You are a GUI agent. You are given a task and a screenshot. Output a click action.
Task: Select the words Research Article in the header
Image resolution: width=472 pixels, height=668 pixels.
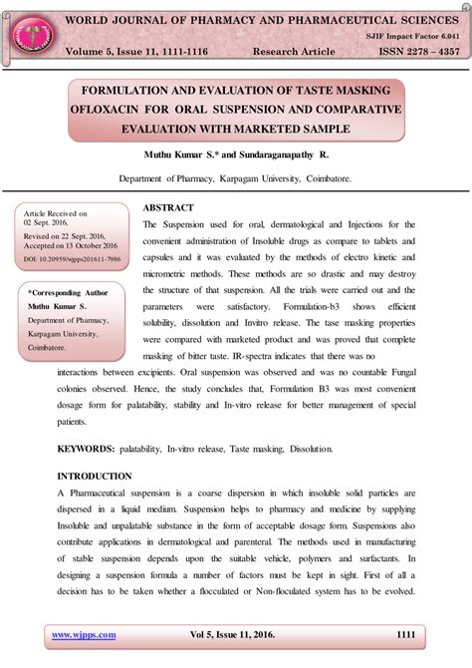297,51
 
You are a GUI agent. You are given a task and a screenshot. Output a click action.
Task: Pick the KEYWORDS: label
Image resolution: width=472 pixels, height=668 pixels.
88,451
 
